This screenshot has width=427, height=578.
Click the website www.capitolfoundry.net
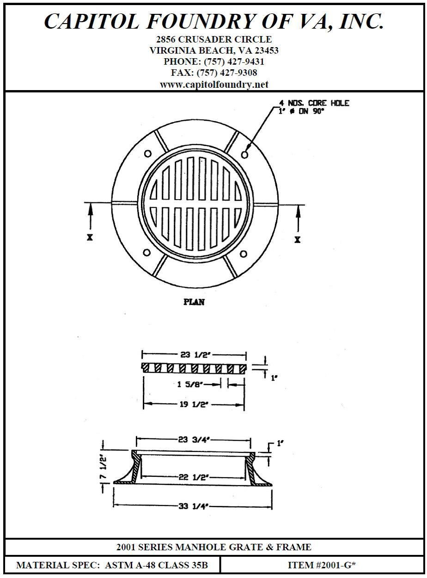[x=214, y=85]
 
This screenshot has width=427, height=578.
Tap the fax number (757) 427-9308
[x=227, y=73]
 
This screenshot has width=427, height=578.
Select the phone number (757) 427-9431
[x=234, y=61]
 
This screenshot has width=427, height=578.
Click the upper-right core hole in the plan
[x=244, y=154]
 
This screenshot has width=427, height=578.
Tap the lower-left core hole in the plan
[x=147, y=253]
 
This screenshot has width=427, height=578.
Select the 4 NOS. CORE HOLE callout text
[x=314, y=103]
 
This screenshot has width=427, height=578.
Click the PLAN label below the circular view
[x=194, y=302]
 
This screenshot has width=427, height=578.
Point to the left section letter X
[x=90, y=237]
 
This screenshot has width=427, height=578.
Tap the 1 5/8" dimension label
[x=190, y=384]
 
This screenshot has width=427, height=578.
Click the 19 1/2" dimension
[x=195, y=404]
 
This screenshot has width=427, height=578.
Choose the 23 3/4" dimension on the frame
[x=195, y=440]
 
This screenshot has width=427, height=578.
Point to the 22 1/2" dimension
[x=194, y=477]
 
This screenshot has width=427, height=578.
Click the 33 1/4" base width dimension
[x=194, y=506]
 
